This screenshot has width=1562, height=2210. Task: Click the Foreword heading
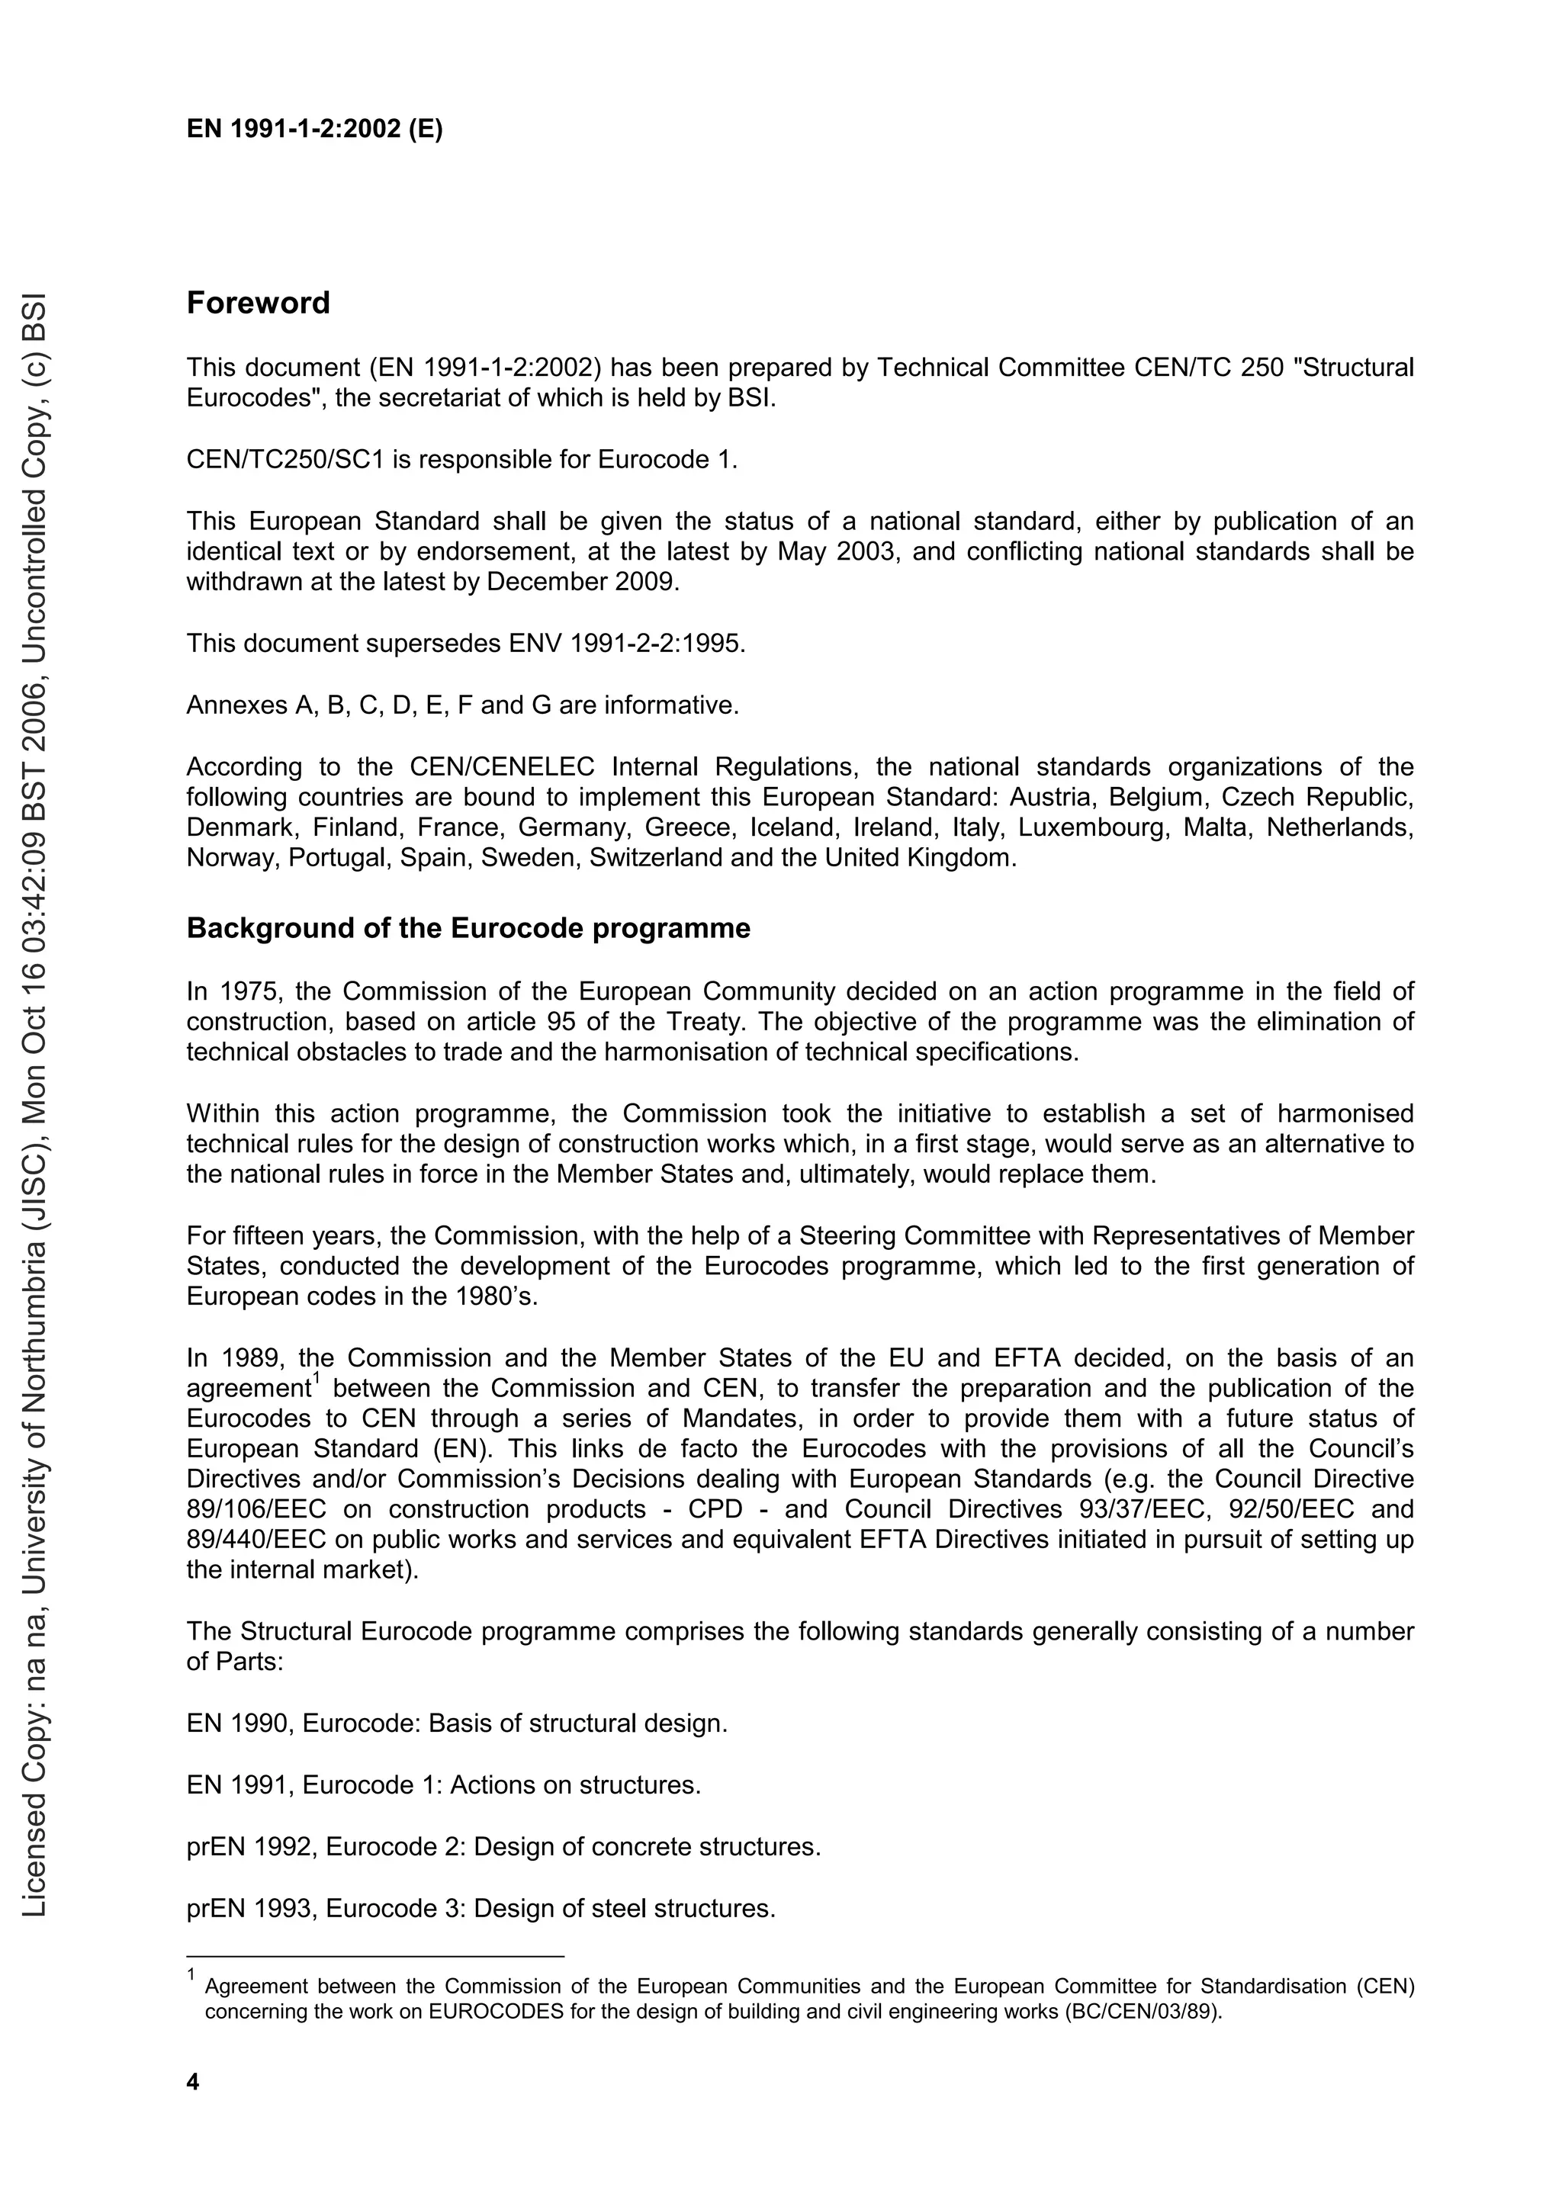click(x=258, y=304)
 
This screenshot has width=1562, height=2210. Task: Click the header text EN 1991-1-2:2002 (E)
click(x=315, y=129)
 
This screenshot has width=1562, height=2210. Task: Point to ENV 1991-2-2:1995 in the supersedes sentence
click(x=625, y=643)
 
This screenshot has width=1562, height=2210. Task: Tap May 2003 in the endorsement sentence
click(x=823, y=551)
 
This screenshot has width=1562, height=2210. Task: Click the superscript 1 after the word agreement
click(x=315, y=1380)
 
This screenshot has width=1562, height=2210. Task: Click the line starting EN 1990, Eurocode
click(x=456, y=1723)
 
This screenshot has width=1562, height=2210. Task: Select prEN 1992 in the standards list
click(x=250, y=1846)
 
